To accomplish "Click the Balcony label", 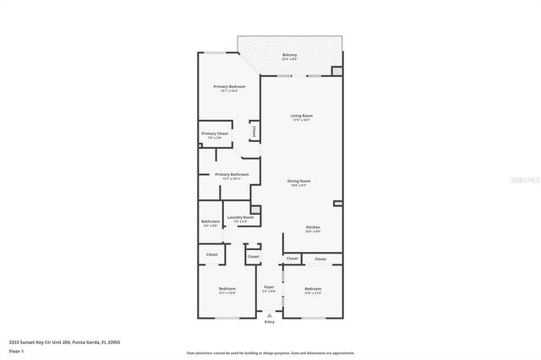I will (x=290, y=56).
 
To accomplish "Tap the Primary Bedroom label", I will (x=230, y=87).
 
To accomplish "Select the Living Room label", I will (x=302, y=116).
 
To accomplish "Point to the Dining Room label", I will (x=299, y=181).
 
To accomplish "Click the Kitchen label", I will (x=313, y=227).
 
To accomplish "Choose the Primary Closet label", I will (x=215, y=134).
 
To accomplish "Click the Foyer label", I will (x=270, y=287).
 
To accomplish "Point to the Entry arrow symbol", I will (x=270, y=314).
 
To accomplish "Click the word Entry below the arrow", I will (x=270, y=322).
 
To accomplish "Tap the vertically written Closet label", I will (x=254, y=130).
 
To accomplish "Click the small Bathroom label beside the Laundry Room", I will (x=210, y=222).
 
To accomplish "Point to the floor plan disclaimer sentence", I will (x=270, y=352).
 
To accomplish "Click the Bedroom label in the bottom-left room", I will (x=227, y=289).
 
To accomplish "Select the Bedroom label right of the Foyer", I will (x=313, y=289).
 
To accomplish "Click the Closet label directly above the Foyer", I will (x=253, y=254).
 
